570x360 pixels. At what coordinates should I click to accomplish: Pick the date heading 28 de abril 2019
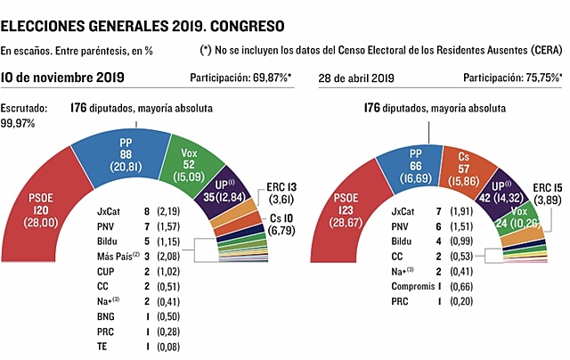coord(356,79)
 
